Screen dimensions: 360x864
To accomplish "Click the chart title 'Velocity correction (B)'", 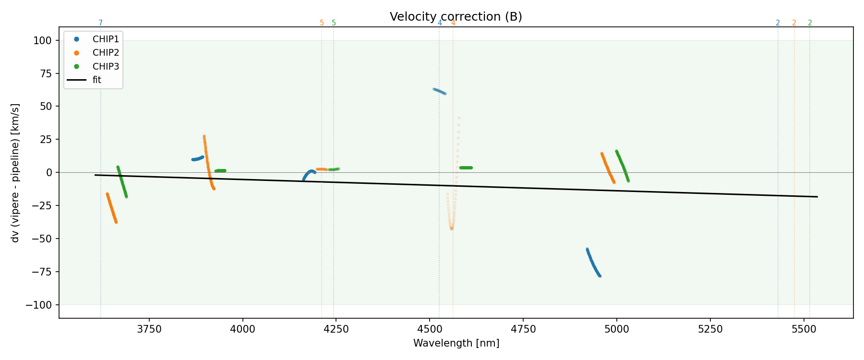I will [x=456, y=17].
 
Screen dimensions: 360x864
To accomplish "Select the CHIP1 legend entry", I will [x=106, y=39].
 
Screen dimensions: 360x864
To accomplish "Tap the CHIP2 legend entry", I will [x=106, y=53].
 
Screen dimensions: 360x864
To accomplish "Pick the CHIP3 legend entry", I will [x=106, y=66].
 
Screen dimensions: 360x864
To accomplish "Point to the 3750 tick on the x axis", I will [x=149, y=329].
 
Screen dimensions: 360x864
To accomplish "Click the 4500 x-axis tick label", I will [x=430, y=329].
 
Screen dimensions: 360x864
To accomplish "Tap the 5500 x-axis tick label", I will [x=804, y=329].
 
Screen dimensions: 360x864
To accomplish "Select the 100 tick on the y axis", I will [x=42, y=41].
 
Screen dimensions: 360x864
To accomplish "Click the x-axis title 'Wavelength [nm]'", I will [x=456, y=343].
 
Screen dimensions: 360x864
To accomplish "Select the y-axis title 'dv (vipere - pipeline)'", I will [x=15, y=173].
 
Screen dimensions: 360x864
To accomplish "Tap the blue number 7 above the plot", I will [x=101, y=23].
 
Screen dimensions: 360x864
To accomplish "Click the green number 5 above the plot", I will [x=334, y=23].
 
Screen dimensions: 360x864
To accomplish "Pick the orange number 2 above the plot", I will [x=794, y=23].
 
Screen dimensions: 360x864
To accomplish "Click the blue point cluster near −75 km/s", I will [x=593, y=264].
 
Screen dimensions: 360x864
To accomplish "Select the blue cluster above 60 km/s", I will [x=439, y=91].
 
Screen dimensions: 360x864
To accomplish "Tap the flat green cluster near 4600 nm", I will [x=466, y=168].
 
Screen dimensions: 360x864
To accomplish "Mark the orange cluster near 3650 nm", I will [x=111, y=208].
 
